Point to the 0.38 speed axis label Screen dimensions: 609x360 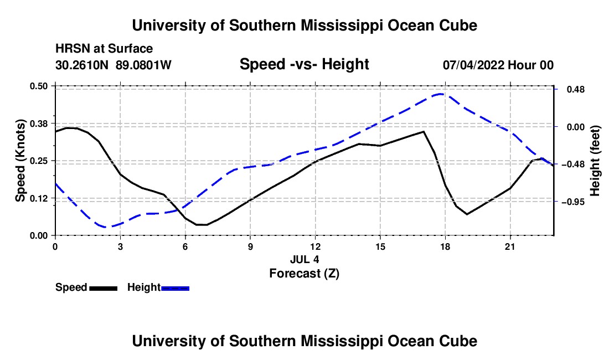click(x=38, y=124)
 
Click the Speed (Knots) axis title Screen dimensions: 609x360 click(x=20, y=161)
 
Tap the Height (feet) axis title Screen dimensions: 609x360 click(x=595, y=161)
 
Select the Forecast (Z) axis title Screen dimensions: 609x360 click(x=304, y=274)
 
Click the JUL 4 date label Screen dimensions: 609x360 click(x=304, y=259)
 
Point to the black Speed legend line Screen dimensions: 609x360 click(x=104, y=288)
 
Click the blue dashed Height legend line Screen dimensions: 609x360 click(x=175, y=288)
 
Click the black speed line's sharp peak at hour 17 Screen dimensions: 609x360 click(x=424, y=131)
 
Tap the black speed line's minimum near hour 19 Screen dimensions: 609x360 click(x=467, y=214)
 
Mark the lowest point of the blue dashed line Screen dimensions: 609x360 click(x=106, y=227)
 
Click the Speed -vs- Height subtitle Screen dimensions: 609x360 click(x=304, y=64)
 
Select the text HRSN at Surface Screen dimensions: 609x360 click(x=104, y=49)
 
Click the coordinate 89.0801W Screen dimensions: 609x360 click(x=143, y=65)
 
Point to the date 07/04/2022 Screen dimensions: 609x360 click(x=473, y=65)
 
